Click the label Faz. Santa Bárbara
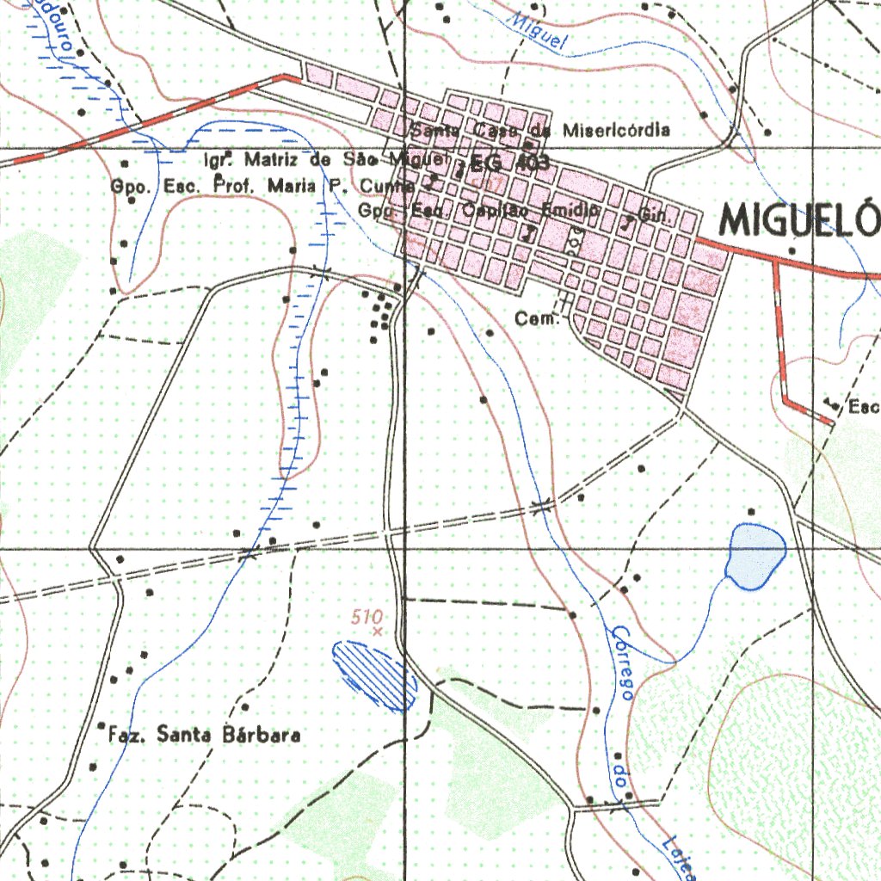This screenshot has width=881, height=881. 205,736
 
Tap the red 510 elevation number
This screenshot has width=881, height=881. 366,616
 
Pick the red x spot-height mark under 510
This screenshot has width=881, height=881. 377,631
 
